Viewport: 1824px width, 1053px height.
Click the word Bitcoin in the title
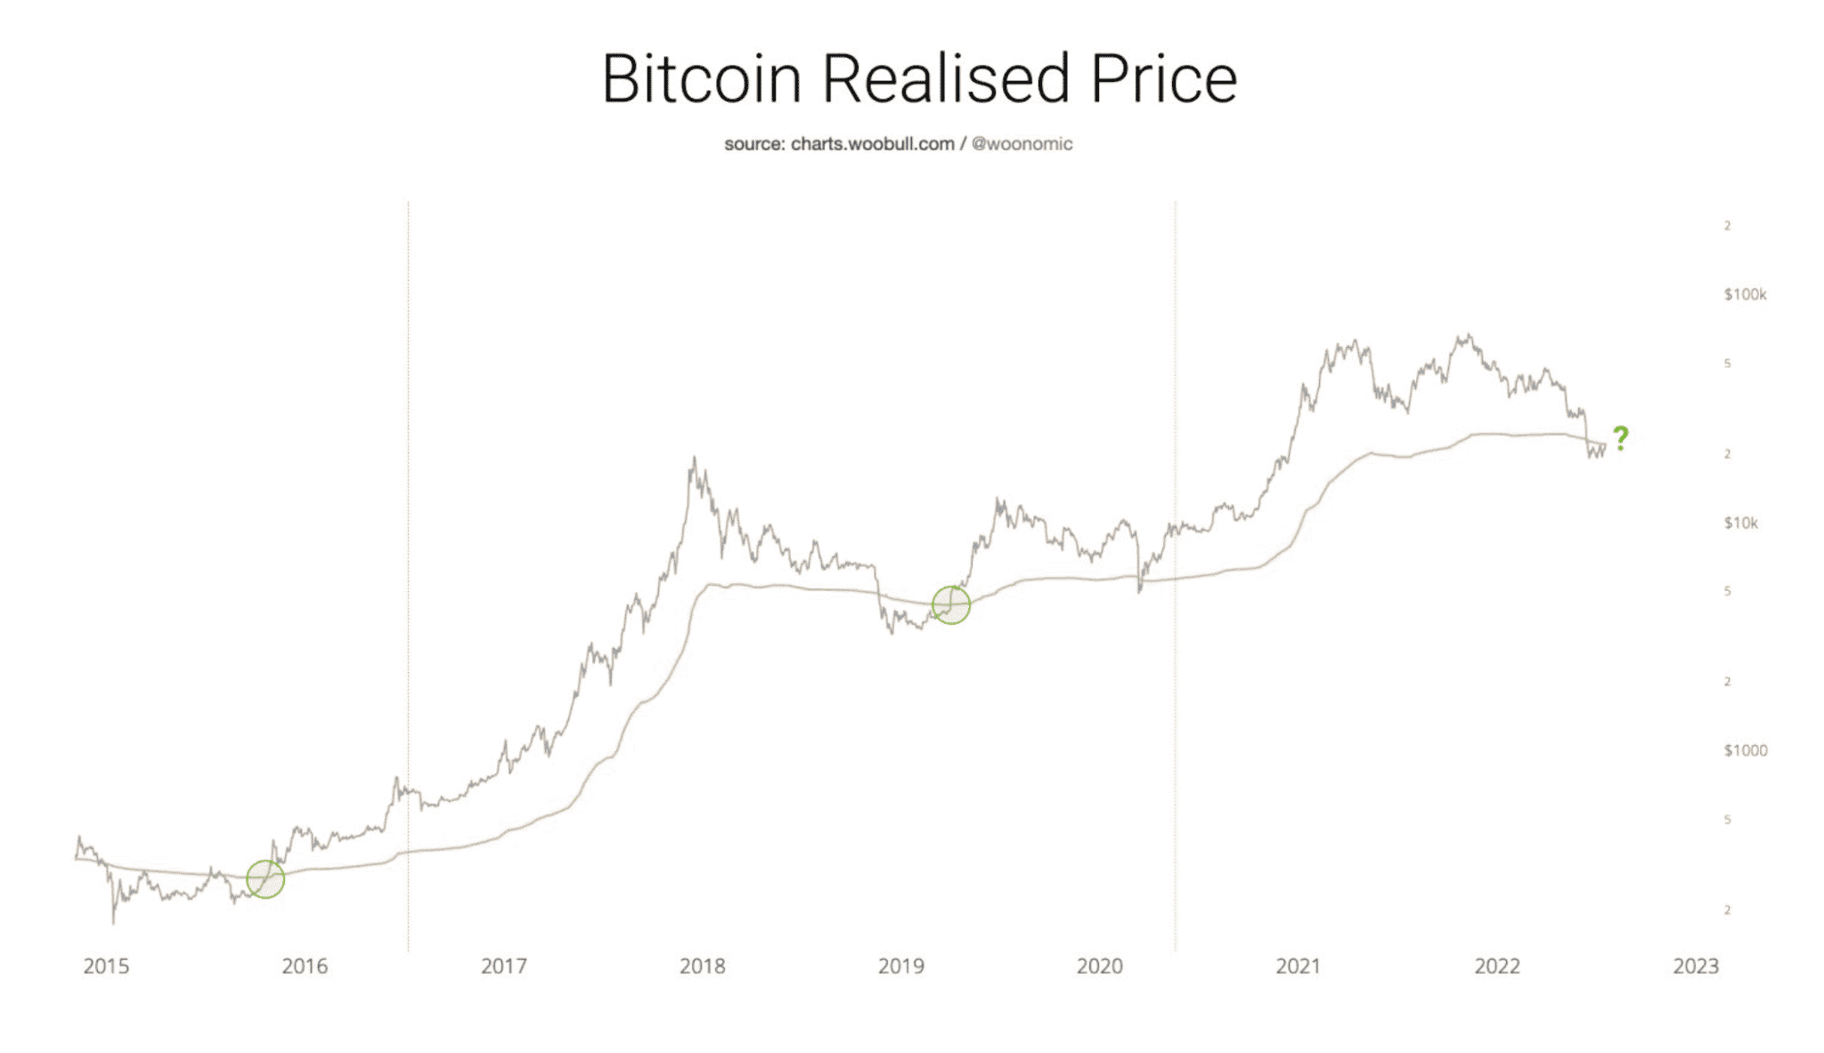click(x=702, y=79)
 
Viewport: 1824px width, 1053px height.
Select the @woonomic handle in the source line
click(x=1022, y=144)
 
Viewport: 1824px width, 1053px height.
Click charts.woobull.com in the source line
click(x=872, y=144)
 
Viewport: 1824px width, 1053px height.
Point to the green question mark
click(x=1620, y=438)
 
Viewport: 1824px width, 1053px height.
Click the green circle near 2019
click(x=950, y=605)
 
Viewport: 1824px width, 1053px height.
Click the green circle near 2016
click(x=265, y=879)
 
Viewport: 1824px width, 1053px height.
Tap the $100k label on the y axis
click(x=1744, y=295)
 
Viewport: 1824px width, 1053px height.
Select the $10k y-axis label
click(x=1740, y=522)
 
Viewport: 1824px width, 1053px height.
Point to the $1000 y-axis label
click(x=1745, y=750)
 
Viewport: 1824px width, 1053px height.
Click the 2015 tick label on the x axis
click(x=106, y=967)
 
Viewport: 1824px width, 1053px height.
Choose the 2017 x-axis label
click(x=503, y=967)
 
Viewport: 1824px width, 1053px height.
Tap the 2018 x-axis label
click(x=702, y=967)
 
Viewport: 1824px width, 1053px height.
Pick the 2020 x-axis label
click(x=1099, y=967)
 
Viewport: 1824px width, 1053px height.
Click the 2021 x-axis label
click(x=1298, y=967)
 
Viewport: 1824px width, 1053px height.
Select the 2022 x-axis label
click(x=1497, y=967)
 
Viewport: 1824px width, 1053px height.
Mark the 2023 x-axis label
click(x=1696, y=967)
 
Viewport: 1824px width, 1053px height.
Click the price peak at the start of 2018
click(x=694, y=459)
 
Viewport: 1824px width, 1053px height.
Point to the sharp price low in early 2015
click(x=113, y=922)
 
